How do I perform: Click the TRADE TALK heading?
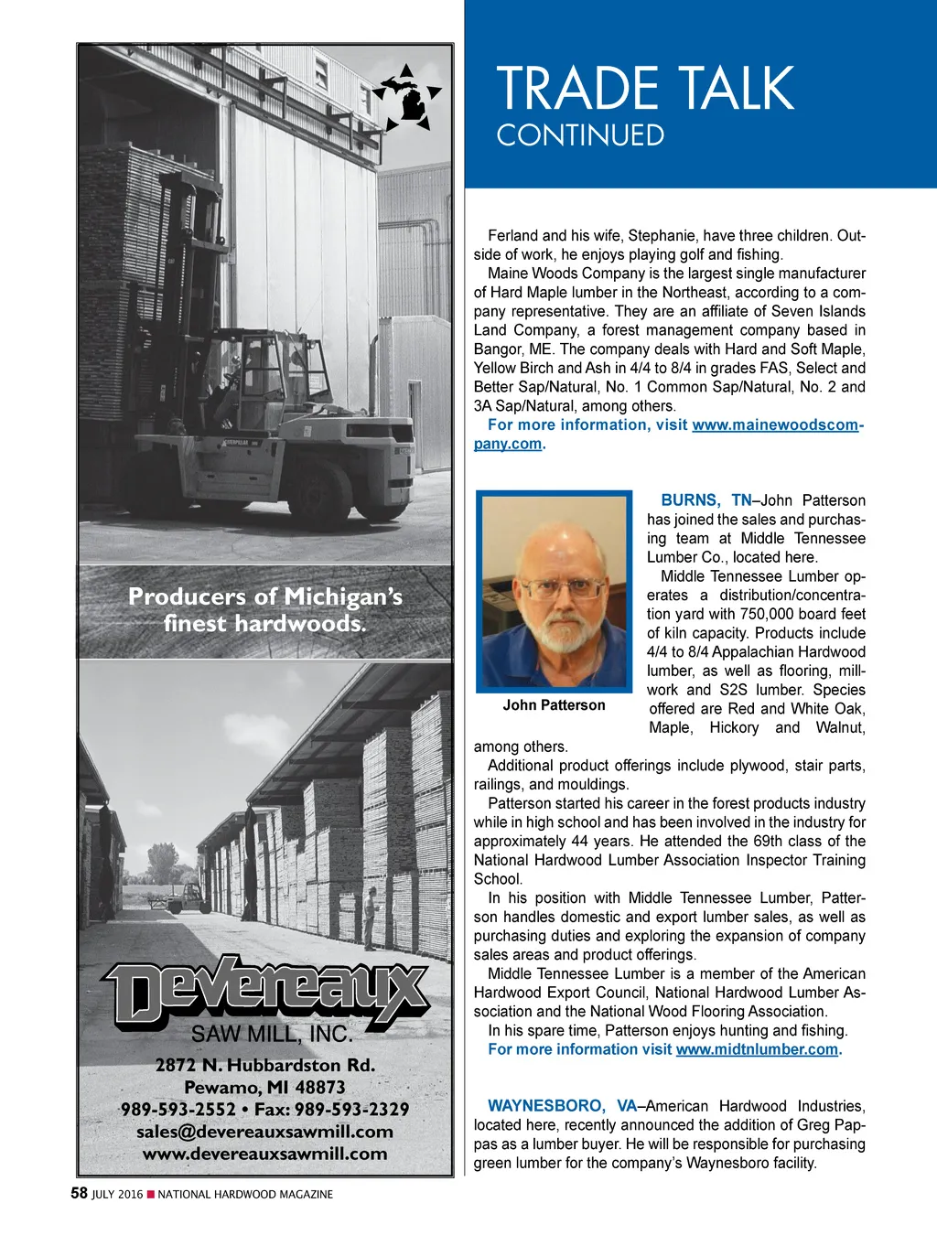pos(645,89)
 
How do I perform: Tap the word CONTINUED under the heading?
pos(580,135)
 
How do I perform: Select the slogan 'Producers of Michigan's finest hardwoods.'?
pos(265,610)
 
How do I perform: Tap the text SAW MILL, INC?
pos(271,1035)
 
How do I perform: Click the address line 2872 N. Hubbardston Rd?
pos(265,1065)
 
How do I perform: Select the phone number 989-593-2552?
pos(178,1110)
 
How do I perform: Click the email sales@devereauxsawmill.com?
pos(264,1132)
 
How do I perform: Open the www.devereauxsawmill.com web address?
pos(264,1154)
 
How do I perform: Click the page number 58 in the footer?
pos(80,1193)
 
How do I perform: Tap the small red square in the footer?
pos(151,1194)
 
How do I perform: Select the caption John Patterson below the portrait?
pos(554,705)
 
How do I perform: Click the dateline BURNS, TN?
pos(705,500)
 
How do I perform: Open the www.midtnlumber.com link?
pos(757,1049)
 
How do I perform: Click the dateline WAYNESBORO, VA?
pos(562,1106)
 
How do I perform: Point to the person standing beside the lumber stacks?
pos(371,918)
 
